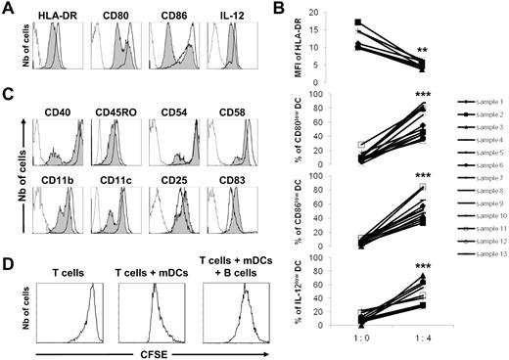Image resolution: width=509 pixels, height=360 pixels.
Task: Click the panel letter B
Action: click(x=275, y=9)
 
